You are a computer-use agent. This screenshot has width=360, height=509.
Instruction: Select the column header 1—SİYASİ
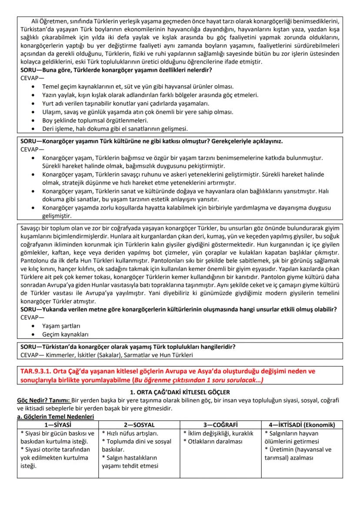tap(58, 424)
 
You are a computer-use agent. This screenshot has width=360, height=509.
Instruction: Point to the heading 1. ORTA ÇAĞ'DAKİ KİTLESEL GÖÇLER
tap(180, 392)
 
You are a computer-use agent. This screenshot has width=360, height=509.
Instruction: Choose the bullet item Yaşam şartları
tap(61, 326)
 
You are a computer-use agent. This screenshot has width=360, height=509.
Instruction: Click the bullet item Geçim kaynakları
tap(65, 334)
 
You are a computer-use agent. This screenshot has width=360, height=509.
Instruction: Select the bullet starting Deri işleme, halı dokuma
tap(115, 129)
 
